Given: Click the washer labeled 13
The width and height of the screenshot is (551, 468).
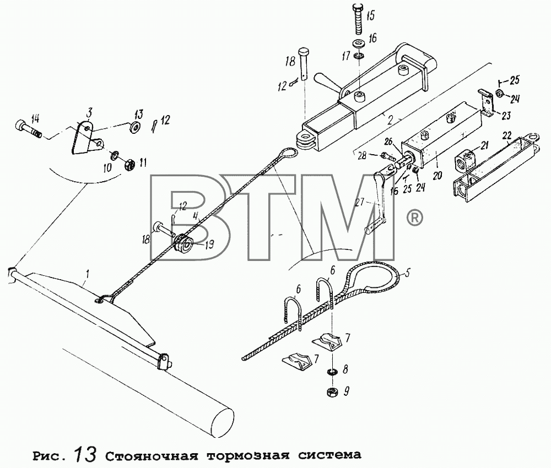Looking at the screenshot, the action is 134,127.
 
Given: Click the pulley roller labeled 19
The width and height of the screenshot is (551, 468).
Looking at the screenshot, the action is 183,244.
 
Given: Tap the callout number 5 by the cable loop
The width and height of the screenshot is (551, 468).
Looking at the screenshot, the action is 407,274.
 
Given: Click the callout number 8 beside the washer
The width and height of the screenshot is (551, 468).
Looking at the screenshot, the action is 345,369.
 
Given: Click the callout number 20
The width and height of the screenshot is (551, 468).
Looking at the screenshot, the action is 437,175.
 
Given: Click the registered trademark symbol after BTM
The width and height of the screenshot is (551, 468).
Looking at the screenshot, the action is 415,218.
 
